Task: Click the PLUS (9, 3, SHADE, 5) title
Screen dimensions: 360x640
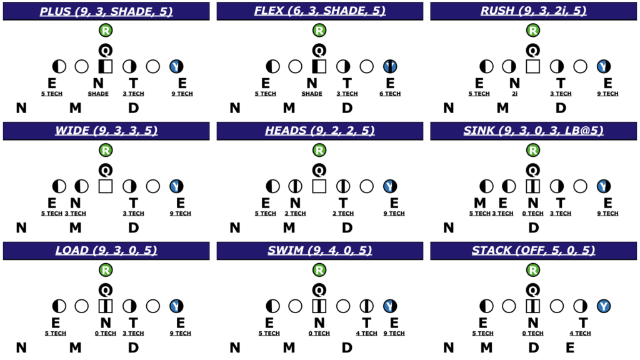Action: click(106, 11)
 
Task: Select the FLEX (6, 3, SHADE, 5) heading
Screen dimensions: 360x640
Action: click(319, 11)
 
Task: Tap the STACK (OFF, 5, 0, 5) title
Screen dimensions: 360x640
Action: click(533, 251)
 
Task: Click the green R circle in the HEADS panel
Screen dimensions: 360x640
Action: click(319, 150)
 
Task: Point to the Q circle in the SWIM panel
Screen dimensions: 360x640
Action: click(319, 289)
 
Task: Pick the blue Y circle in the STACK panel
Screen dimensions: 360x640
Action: click(604, 306)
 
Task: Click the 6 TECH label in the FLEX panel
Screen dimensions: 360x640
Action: click(390, 94)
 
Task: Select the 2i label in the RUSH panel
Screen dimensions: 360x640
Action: click(514, 94)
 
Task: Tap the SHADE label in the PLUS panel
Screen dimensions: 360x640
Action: click(98, 94)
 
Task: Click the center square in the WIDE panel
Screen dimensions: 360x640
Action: click(106, 186)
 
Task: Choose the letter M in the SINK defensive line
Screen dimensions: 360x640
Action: click(479, 202)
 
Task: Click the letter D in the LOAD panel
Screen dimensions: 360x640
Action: click(134, 347)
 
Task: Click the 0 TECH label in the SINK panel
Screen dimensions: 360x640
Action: click(532, 214)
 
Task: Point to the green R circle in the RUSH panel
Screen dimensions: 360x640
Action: click(533, 30)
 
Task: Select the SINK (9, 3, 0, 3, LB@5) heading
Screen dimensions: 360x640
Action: click(533, 131)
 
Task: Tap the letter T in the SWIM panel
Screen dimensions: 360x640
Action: click(366, 322)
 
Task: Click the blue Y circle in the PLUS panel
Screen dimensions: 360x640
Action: click(176, 66)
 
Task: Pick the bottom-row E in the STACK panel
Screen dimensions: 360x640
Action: click(570, 347)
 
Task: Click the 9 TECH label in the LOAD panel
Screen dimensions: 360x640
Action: click(181, 334)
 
